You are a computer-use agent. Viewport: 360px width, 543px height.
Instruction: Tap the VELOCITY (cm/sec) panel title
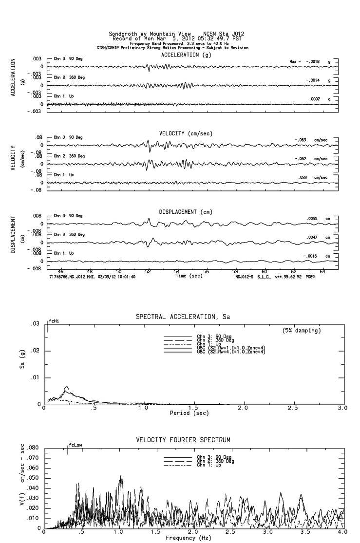tap(186, 133)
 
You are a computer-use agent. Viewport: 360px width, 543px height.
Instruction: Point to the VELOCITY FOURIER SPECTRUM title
tap(183, 440)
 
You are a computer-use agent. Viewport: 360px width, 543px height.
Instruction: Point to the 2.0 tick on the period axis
tap(243, 408)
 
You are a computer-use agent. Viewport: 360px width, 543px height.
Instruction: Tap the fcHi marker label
tap(54, 321)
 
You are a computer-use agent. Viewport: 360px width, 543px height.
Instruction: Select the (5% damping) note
tap(302, 331)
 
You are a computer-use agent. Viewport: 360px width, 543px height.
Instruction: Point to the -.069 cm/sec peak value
tap(311, 140)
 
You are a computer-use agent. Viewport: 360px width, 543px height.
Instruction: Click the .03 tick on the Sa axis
tap(35, 324)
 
